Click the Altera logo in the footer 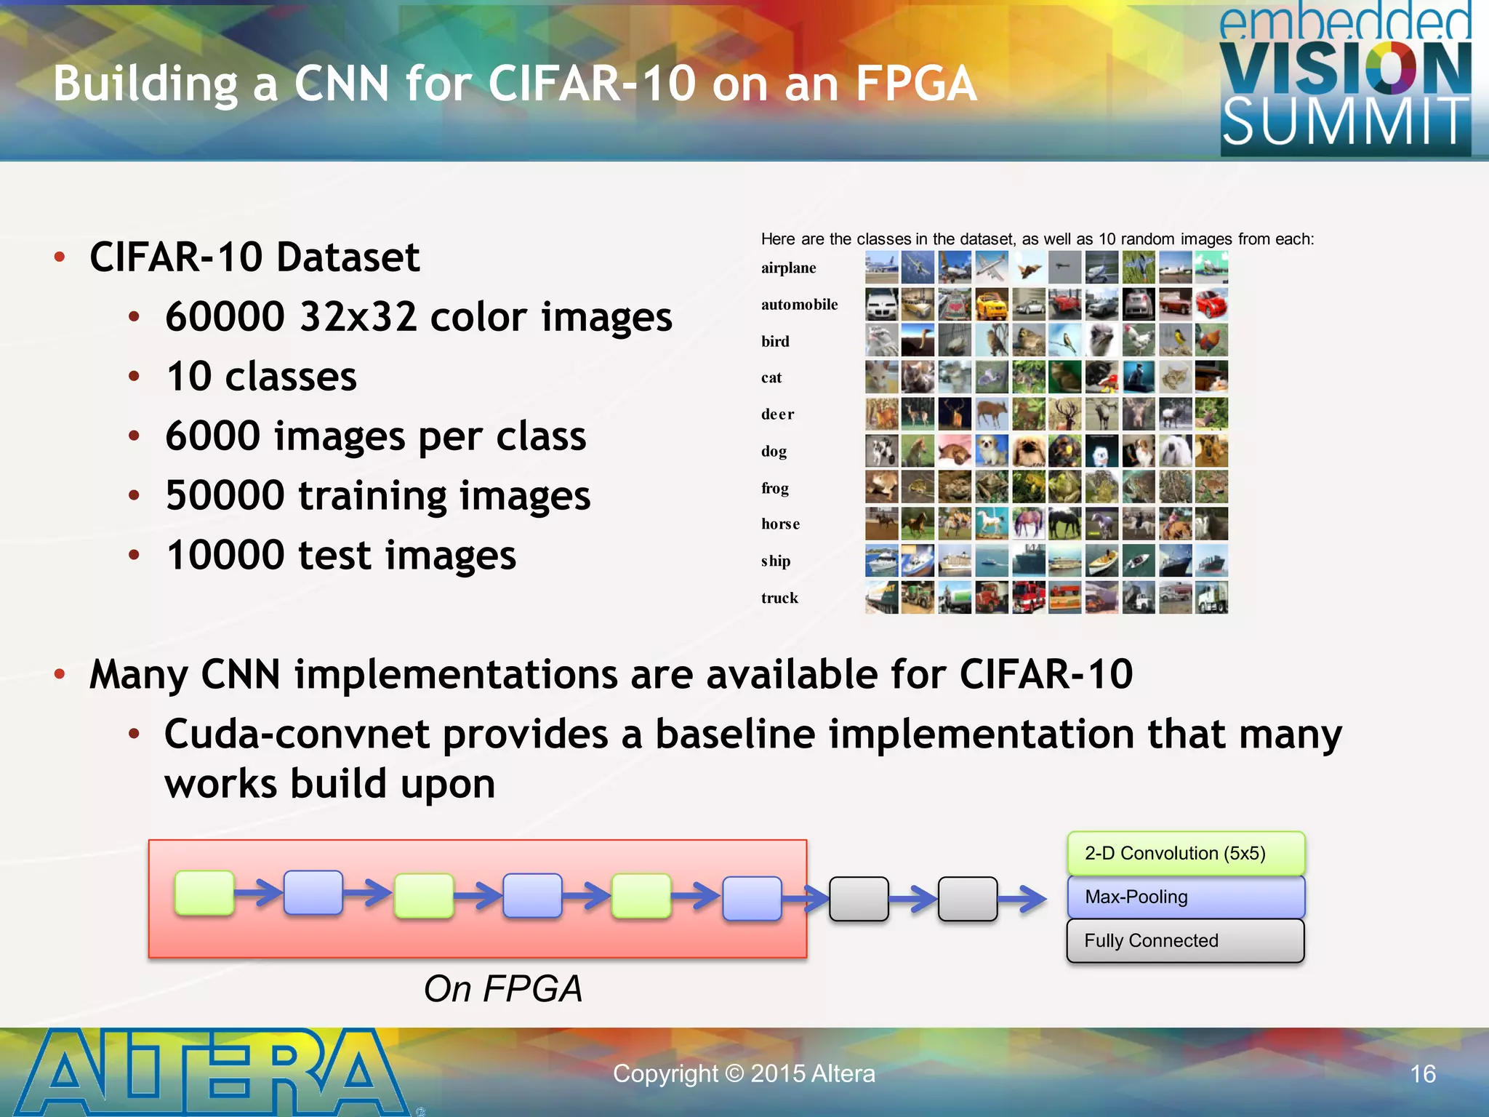coord(211,1073)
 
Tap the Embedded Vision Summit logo coord(1345,80)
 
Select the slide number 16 coord(1423,1074)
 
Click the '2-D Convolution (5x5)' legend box coord(1186,854)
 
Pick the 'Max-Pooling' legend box coord(1186,897)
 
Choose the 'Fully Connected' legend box coord(1186,941)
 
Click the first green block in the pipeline coord(204,893)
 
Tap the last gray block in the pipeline coord(968,899)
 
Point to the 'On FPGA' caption coord(503,989)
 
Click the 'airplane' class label coord(789,268)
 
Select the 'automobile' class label coord(799,305)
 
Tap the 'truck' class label coord(779,598)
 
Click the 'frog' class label coord(775,488)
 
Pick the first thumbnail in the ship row coord(881,561)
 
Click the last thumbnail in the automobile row coord(1211,305)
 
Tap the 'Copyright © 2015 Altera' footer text coord(744,1074)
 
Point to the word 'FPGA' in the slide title coord(915,83)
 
